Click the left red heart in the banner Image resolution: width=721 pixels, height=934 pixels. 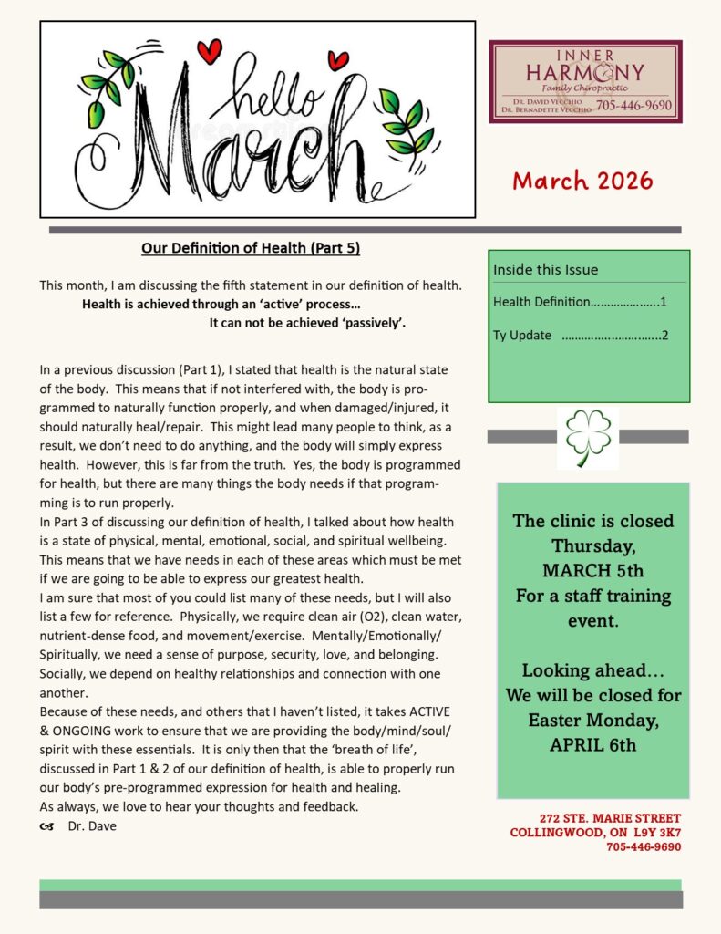(209, 51)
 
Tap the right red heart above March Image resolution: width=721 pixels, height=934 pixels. (338, 60)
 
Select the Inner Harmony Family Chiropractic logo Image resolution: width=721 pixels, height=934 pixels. (585, 81)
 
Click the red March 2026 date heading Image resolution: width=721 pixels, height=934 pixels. (582, 181)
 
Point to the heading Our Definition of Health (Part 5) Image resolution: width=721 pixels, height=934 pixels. (257, 248)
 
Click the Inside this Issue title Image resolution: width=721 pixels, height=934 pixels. (546, 269)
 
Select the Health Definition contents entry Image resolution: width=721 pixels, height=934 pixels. (580, 302)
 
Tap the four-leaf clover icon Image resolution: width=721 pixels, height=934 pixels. (588, 436)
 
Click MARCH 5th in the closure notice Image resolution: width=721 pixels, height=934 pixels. (592, 571)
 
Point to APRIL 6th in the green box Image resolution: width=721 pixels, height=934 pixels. (592, 744)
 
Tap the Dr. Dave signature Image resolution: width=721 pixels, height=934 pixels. (91, 826)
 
